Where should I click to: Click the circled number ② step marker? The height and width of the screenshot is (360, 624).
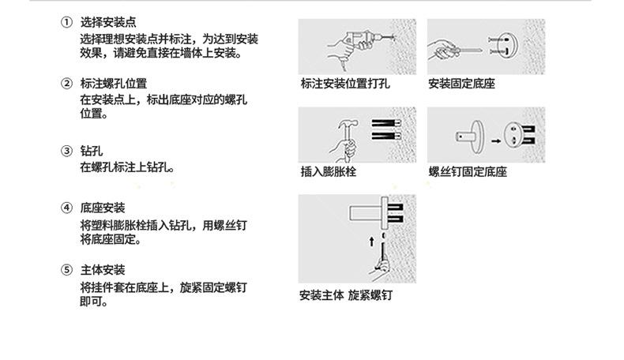[x=67, y=84]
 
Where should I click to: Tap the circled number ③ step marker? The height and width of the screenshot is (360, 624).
[x=67, y=151]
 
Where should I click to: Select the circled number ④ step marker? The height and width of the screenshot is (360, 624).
[x=67, y=208]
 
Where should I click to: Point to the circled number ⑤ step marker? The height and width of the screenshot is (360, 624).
[x=67, y=270]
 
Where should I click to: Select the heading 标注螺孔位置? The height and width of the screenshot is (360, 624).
[x=113, y=84]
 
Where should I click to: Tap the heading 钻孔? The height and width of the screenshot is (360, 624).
[x=91, y=151]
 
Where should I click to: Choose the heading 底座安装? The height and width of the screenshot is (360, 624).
[x=102, y=208]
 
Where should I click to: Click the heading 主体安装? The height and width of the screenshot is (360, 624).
[x=102, y=270]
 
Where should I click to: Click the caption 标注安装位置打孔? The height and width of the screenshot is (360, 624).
[x=345, y=84]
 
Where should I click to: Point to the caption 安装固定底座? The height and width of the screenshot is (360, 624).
[x=461, y=84]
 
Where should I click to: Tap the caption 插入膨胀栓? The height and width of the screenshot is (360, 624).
[x=329, y=171]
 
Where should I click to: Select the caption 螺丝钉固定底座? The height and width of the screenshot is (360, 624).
[x=468, y=171]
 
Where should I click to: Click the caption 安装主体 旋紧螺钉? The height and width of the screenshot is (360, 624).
[x=345, y=296]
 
